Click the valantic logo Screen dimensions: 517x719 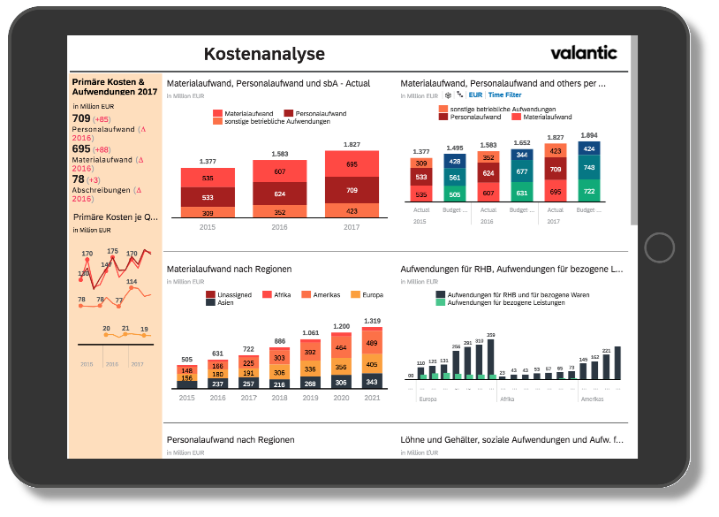[x=584, y=52]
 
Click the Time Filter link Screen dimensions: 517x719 [x=505, y=95]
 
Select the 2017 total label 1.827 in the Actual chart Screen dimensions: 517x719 [x=352, y=144]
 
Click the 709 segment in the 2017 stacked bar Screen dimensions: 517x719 [x=352, y=190]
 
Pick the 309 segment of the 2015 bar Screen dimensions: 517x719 [x=208, y=212]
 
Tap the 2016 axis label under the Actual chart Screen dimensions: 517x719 [x=279, y=226]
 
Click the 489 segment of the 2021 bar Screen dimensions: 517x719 [x=372, y=343]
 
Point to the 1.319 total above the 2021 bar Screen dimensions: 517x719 [x=372, y=321]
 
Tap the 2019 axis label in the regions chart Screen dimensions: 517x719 [x=310, y=398]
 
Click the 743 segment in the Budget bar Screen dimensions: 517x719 [x=589, y=168]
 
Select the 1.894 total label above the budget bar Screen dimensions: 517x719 [x=589, y=135]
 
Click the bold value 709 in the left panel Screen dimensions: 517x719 [x=80, y=118]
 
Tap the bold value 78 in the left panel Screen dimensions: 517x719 [x=78, y=179]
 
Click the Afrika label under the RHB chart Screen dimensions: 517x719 [x=507, y=399]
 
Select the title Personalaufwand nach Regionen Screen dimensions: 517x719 [x=230, y=439]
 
